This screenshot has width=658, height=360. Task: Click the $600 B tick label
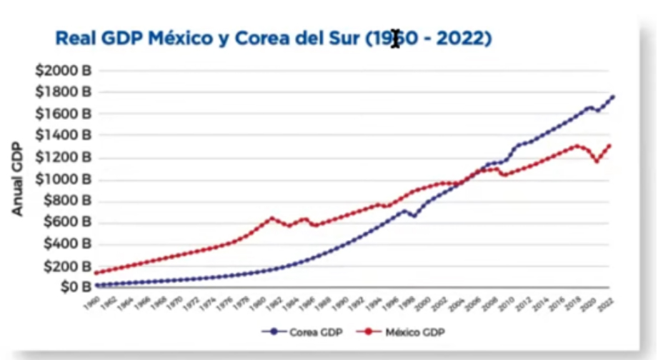pos(69,222)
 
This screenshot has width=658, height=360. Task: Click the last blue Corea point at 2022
pos(612,97)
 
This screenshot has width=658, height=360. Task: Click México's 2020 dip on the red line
pos(597,161)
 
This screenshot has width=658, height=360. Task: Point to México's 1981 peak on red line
pos(271,218)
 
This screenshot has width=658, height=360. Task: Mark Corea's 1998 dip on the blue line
pos(413,216)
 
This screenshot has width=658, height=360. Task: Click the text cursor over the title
pos(395,38)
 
